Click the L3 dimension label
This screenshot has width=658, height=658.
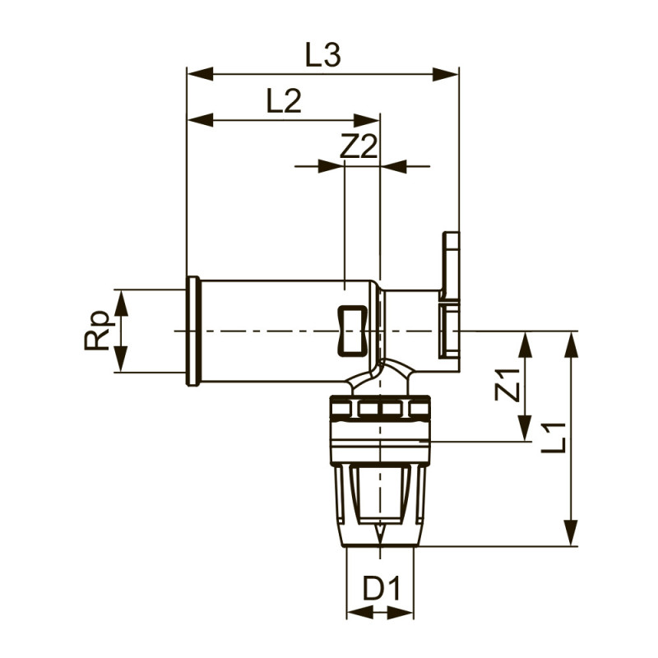322,56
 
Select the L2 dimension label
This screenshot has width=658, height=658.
284,102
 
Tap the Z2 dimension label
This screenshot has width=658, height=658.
359,147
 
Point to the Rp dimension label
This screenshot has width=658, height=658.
98,331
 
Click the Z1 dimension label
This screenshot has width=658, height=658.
508,385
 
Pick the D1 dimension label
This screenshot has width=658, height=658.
381,590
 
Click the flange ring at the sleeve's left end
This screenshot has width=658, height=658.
193,331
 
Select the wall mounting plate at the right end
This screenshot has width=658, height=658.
450,296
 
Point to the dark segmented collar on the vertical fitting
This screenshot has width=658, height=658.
380,408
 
